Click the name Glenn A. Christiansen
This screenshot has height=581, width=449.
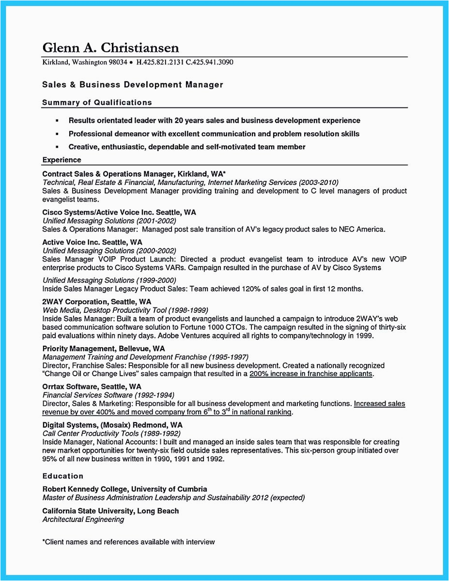point(110,48)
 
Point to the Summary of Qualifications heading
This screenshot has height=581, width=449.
point(97,102)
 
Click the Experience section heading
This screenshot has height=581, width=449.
point(62,160)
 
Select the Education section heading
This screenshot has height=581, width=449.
point(63,476)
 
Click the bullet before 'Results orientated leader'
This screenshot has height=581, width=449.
point(57,121)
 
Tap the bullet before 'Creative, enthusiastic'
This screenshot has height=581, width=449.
point(57,147)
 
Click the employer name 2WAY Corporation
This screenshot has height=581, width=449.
point(73,301)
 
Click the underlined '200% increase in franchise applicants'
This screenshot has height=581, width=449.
point(311,374)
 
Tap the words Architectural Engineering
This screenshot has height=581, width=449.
point(83,520)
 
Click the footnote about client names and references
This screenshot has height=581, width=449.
point(128,542)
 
